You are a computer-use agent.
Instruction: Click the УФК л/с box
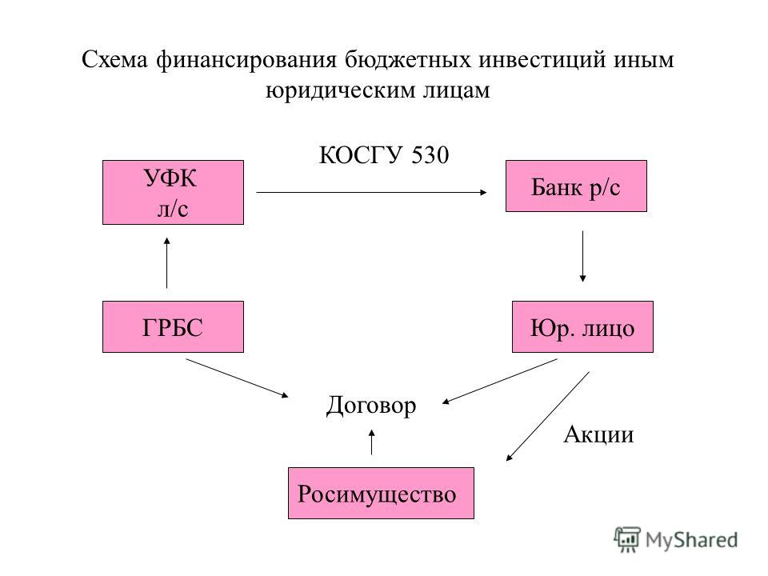click(x=173, y=192)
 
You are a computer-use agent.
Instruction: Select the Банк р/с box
click(x=576, y=186)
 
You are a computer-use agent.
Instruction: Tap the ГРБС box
click(x=173, y=326)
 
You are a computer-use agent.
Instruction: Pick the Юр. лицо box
click(x=582, y=326)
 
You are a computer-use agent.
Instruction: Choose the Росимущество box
click(x=381, y=494)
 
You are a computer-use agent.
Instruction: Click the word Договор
click(x=371, y=406)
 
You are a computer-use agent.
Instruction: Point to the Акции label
click(x=598, y=434)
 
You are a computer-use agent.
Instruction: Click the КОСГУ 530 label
click(x=384, y=155)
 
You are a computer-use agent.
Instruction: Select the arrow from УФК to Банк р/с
click(x=372, y=192)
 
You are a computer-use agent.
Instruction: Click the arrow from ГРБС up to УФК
click(x=167, y=263)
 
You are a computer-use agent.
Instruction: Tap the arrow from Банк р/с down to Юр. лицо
click(x=582, y=256)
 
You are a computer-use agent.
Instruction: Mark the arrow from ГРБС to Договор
click(x=237, y=378)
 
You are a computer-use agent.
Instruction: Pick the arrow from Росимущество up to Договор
click(x=372, y=442)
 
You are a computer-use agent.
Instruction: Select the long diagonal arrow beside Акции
click(x=547, y=416)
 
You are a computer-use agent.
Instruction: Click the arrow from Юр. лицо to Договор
click(x=499, y=381)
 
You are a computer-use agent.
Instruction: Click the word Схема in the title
click(x=114, y=60)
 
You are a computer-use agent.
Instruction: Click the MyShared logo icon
click(x=627, y=540)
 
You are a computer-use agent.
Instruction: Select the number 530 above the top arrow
click(x=430, y=155)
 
